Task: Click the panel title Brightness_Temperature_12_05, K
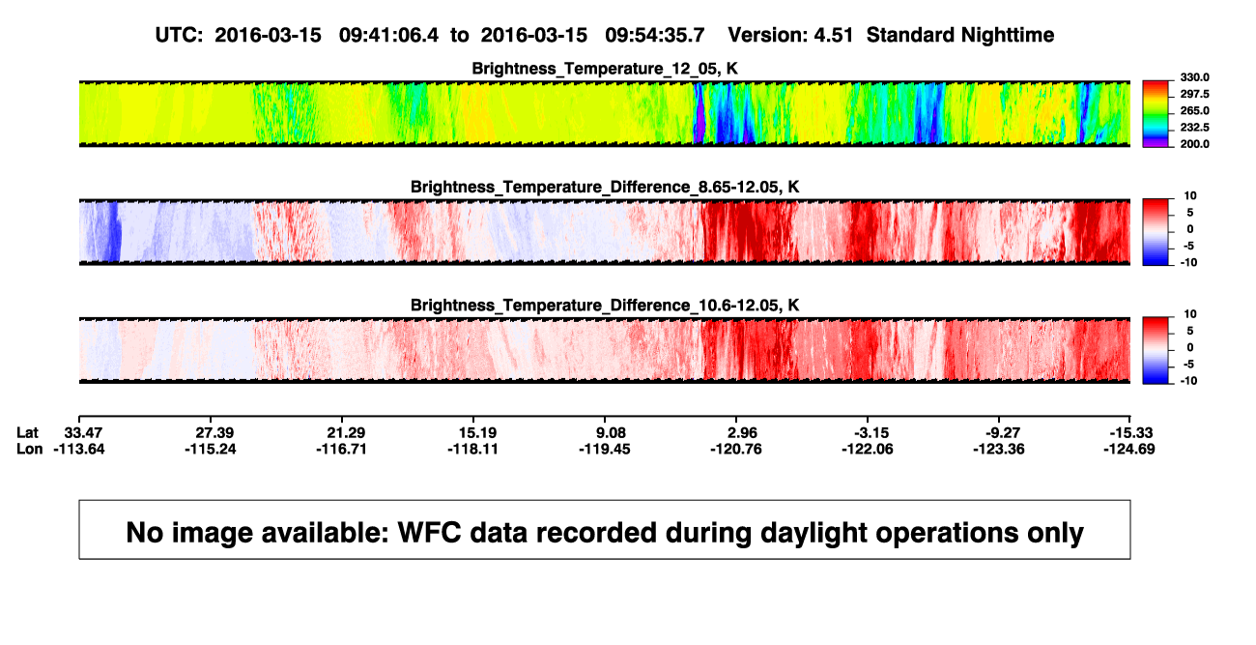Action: click(x=605, y=69)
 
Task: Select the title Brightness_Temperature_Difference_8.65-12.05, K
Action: click(x=605, y=187)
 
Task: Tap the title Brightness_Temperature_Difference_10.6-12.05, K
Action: click(x=605, y=306)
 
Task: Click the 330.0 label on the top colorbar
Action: click(x=1194, y=77)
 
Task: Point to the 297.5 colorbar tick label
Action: click(x=1194, y=95)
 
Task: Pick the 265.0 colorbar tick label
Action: click(x=1194, y=110)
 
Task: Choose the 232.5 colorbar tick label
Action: click(x=1194, y=128)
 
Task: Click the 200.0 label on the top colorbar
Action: click(x=1194, y=144)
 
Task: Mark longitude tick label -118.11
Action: click(x=472, y=449)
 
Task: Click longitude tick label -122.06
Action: click(x=867, y=449)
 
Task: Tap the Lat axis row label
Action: click(x=27, y=433)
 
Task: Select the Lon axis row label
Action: click(x=29, y=449)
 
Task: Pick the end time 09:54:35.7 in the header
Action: click(x=654, y=36)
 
